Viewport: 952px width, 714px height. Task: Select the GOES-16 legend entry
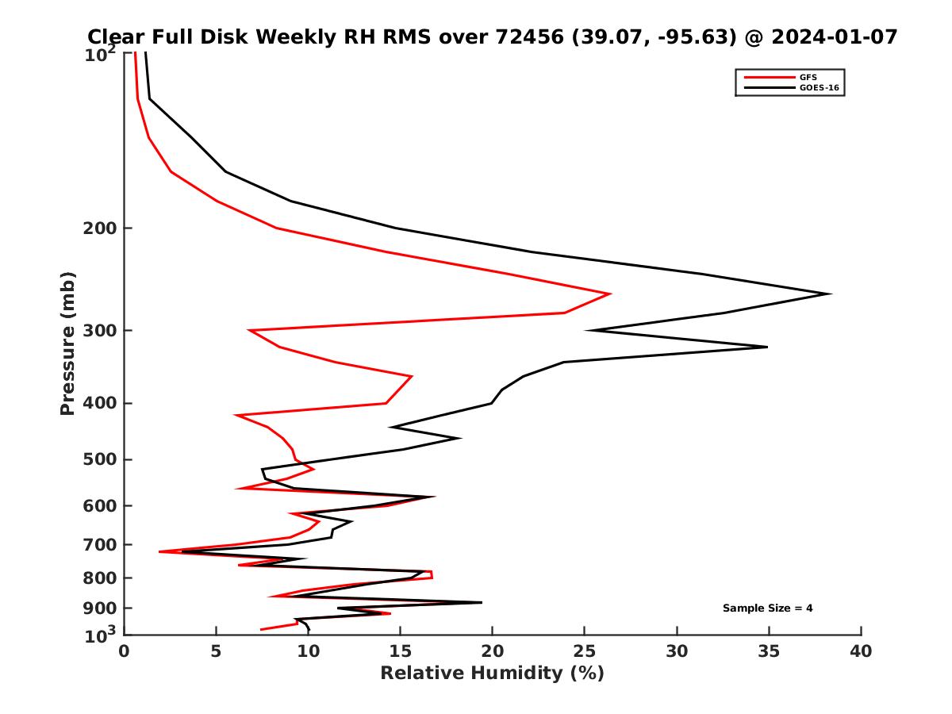pos(818,87)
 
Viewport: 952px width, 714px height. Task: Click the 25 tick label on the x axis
pos(585,652)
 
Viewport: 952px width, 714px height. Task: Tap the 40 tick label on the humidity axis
pos(861,652)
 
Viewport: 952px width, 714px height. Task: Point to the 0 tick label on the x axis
pos(124,652)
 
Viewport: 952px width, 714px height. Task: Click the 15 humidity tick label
pos(401,652)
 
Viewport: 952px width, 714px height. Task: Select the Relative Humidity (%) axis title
pos(492,674)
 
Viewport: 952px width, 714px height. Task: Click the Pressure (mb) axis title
pos(67,344)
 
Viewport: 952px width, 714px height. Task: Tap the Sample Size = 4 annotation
pos(767,608)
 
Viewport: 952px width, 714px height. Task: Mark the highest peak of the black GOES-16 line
pos(831,294)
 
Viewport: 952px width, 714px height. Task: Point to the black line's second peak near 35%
pos(767,347)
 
